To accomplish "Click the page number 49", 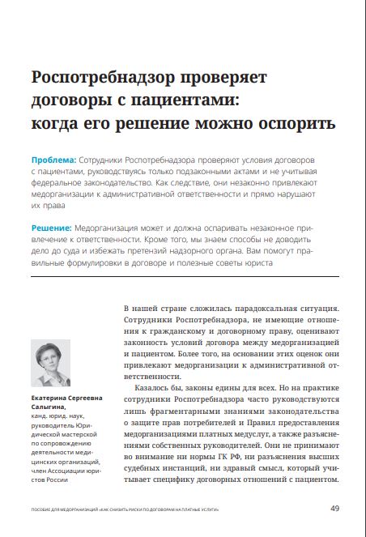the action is point(334,508).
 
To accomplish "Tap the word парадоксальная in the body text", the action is point(262,309).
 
